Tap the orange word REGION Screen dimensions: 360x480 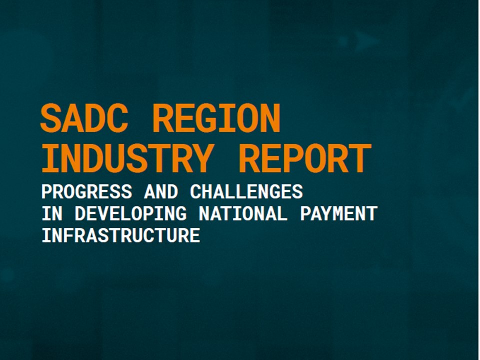click(x=216, y=118)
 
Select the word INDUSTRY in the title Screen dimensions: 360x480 click(x=127, y=158)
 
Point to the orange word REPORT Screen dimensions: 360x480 click(x=305, y=158)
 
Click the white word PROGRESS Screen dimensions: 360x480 click(x=87, y=192)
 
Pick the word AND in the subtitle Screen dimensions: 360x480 click(x=160, y=192)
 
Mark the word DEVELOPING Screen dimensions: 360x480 click(x=130, y=214)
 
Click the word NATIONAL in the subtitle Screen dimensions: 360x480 click(x=243, y=214)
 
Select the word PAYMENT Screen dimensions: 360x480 click(x=338, y=214)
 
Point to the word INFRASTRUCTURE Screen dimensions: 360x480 click(x=121, y=235)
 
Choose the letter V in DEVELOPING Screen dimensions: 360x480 click(x=103, y=214)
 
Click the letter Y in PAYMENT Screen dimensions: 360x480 click(x=327, y=214)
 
